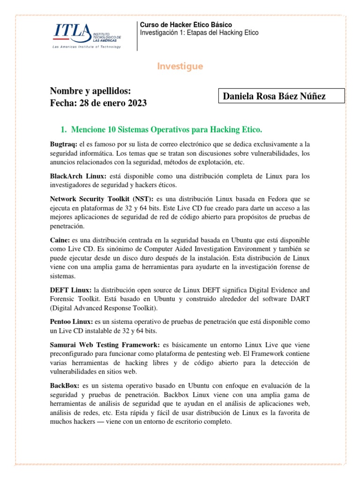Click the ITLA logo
(87, 34)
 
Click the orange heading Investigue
(180, 67)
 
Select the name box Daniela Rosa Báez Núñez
(281, 96)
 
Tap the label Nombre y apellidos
(90, 90)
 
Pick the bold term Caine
(60, 240)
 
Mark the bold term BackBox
(65, 385)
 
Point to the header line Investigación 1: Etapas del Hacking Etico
(199, 32)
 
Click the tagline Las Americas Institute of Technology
(87, 47)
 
